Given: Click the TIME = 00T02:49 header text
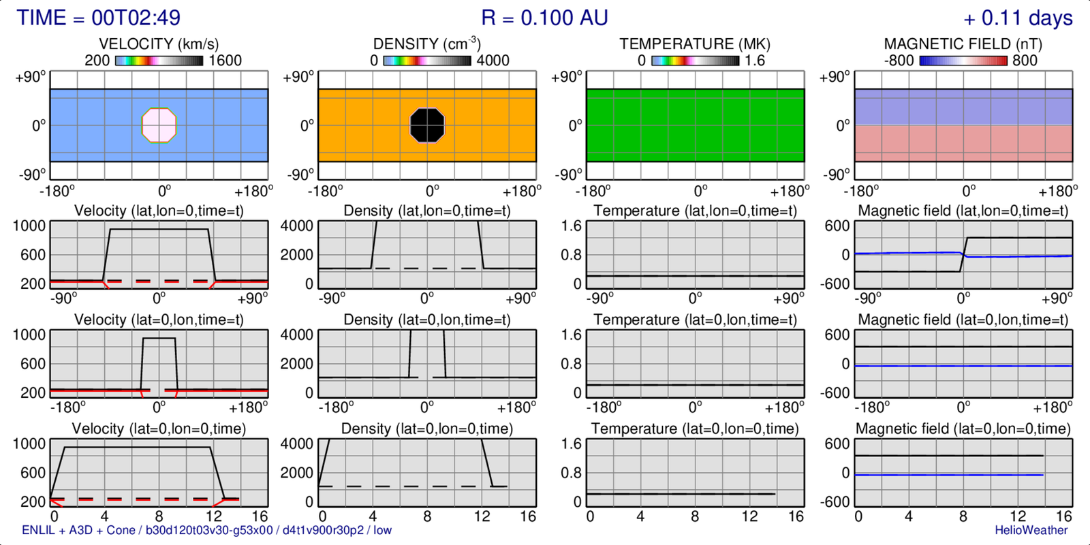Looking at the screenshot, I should click(x=99, y=18).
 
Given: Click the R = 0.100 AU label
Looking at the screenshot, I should click(x=544, y=18).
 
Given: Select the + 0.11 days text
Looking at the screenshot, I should click(x=1018, y=18).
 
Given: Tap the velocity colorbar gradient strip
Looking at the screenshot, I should click(x=159, y=61).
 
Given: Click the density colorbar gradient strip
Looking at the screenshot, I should click(x=427, y=61).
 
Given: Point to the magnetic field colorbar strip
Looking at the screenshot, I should click(x=963, y=61).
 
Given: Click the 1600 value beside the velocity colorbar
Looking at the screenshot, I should click(x=225, y=61).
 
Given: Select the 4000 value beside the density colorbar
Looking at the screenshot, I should click(x=493, y=61).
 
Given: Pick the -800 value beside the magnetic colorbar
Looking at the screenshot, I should click(x=899, y=61).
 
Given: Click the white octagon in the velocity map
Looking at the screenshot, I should click(x=159, y=125).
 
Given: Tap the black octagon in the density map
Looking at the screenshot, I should click(x=427, y=125).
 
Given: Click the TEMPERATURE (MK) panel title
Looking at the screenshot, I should click(x=695, y=44).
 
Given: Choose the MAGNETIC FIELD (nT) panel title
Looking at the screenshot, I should click(x=963, y=44).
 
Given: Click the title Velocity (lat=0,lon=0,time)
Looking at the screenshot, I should click(x=159, y=429).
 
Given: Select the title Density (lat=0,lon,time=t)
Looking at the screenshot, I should click(x=427, y=320).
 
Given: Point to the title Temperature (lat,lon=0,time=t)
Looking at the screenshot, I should click(x=695, y=211).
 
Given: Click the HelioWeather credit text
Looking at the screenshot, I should click(x=1031, y=530).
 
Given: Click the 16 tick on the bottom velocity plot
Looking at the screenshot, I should click(x=260, y=516).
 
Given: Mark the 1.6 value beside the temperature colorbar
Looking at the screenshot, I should click(x=755, y=61).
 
